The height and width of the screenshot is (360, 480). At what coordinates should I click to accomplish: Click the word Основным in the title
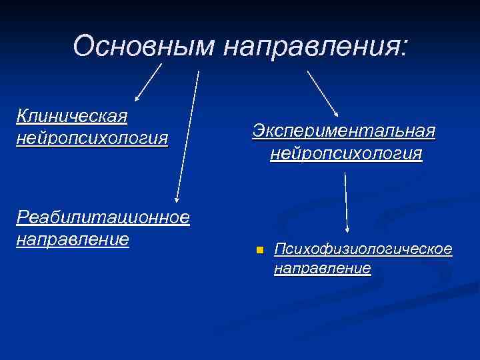click(144, 46)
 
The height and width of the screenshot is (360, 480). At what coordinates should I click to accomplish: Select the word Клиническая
click(72, 117)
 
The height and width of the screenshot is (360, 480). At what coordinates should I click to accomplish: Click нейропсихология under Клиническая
click(93, 138)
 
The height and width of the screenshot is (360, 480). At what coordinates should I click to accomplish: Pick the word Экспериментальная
click(344, 131)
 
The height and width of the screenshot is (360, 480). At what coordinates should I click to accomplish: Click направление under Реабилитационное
click(73, 238)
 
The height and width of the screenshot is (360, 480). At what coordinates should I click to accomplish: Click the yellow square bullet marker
click(259, 250)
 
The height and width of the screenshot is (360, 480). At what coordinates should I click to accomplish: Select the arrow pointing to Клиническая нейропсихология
click(148, 82)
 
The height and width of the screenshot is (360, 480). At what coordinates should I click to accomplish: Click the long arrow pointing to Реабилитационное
click(187, 133)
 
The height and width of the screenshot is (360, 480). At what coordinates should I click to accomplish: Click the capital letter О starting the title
click(84, 46)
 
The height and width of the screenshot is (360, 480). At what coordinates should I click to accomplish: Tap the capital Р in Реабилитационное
click(22, 217)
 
